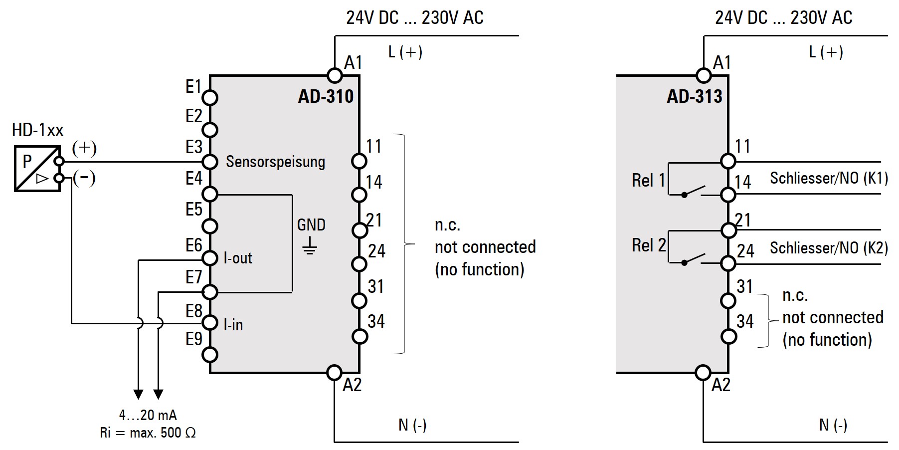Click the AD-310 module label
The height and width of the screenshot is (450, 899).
coord(326,96)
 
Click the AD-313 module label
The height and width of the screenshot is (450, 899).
coord(694,96)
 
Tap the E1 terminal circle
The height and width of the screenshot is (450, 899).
coord(210,98)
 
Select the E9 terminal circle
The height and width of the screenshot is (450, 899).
coord(210,355)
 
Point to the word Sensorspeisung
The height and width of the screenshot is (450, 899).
coord(275,162)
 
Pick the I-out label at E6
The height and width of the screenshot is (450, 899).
coord(238,258)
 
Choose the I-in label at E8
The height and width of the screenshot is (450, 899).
coord(233,325)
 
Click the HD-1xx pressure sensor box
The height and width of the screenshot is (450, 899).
coord(37,169)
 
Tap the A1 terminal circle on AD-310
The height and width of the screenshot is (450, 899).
coord(335,75)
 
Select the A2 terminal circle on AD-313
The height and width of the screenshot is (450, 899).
coord(703,372)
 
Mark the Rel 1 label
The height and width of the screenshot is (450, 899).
coord(648,180)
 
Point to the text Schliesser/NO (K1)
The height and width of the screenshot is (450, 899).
coord(829,178)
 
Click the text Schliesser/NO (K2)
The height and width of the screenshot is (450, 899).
coord(829,248)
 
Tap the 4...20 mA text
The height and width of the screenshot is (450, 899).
coord(148,415)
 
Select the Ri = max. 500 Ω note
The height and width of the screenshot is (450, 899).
coord(148,433)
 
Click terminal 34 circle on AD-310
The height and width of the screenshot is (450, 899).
coord(360,336)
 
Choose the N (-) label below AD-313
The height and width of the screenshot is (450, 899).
coord(833,425)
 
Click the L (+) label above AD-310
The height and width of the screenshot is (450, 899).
coord(405,52)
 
